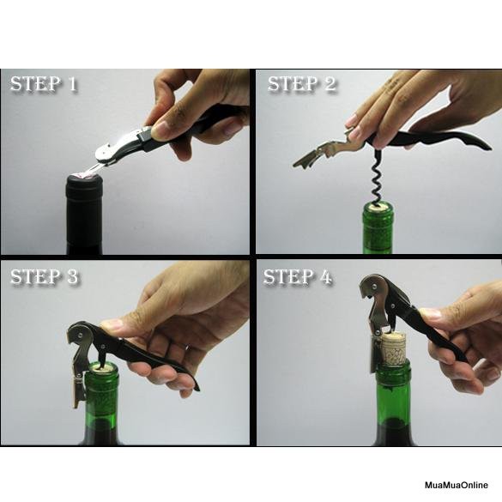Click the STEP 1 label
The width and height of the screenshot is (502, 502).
[44, 84]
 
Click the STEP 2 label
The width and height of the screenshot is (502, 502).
[302, 84]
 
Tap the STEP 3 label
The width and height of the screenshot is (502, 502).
[44, 276]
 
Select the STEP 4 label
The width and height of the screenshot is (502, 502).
[298, 276]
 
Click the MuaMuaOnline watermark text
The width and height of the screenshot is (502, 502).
[457, 485]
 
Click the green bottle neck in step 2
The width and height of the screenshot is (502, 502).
[378, 228]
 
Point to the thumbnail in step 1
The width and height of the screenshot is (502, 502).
[161, 130]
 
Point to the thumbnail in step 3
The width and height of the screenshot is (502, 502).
[111, 325]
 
